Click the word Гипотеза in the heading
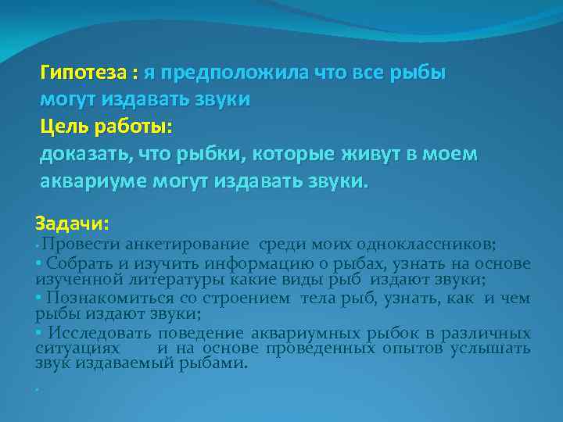tap(84, 73)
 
